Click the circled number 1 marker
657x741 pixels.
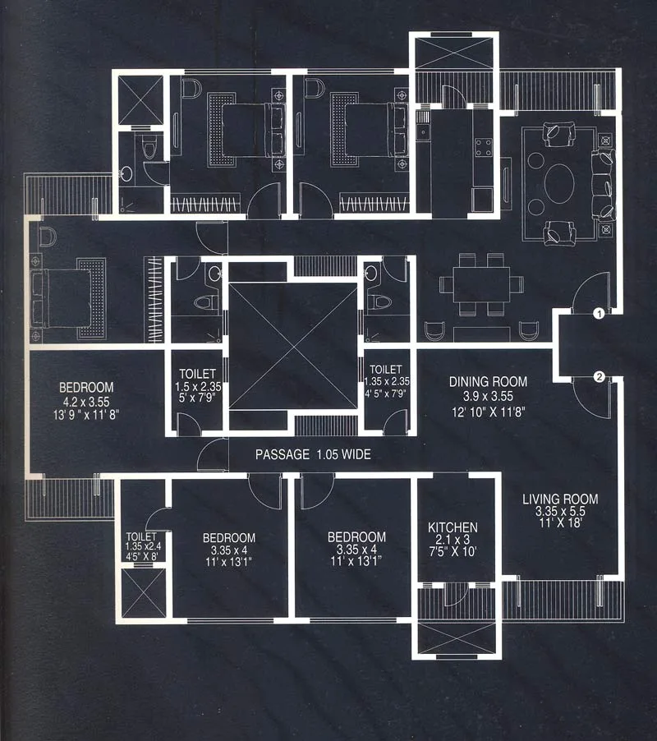tap(600, 313)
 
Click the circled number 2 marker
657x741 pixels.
tap(600, 377)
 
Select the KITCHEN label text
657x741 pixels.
tap(453, 527)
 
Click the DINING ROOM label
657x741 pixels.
tap(488, 382)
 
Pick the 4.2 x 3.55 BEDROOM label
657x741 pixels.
tap(85, 387)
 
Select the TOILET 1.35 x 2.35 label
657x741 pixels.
tap(386, 370)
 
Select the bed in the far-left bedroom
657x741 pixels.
tap(64, 296)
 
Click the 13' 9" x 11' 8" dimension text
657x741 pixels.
tap(85, 415)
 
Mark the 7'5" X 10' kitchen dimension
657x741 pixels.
tap(453, 554)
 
